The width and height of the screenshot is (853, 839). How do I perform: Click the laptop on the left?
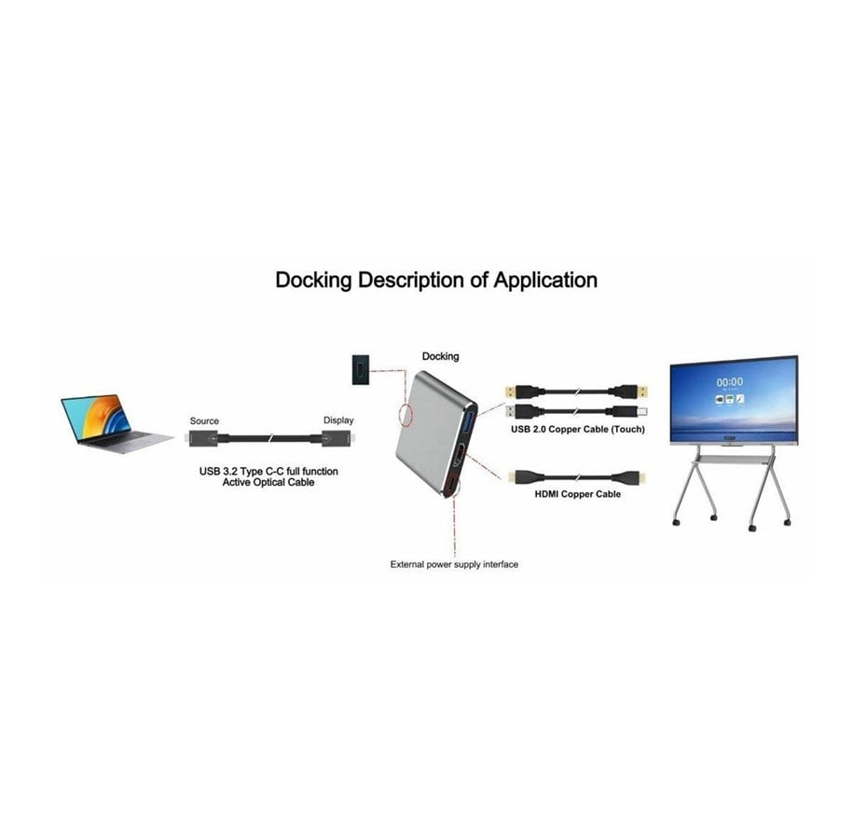(x=117, y=423)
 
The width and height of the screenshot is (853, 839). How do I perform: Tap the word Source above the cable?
(x=204, y=420)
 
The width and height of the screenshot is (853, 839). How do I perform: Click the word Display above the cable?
(x=338, y=420)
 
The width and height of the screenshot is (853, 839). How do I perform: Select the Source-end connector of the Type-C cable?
(x=203, y=438)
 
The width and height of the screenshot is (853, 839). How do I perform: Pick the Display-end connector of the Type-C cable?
(x=337, y=438)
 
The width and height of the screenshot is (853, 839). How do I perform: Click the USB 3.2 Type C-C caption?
(x=268, y=476)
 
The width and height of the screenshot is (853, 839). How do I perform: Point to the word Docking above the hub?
(x=441, y=356)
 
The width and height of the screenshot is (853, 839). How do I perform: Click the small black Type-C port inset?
(x=361, y=369)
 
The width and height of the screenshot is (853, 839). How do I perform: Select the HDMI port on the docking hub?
(x=460, y=455)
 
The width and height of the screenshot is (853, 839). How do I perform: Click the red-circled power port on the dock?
(x=451, y=486)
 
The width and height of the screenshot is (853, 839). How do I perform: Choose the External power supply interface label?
(x=454, y=564)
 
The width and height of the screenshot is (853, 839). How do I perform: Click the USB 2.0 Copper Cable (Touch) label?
(x=578, y=430)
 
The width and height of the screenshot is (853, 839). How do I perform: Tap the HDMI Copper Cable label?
(x=578, y=494)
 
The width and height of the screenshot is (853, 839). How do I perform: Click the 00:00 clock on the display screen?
(x=730, y=382)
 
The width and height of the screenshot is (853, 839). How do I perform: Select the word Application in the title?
(x=545, y=281)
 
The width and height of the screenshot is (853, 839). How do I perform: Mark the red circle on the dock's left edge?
(x=406, y=414)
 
